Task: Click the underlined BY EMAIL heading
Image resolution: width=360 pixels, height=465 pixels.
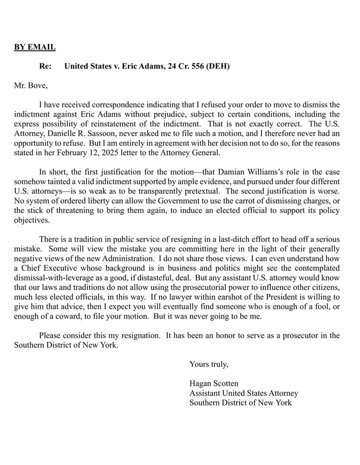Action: tap(35, 47)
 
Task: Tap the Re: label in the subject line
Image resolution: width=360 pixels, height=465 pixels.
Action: tap(46, 66)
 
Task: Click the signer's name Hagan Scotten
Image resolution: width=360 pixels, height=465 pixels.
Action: tap(214, 384)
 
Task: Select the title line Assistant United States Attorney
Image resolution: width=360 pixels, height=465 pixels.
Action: tap(243, 393)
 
